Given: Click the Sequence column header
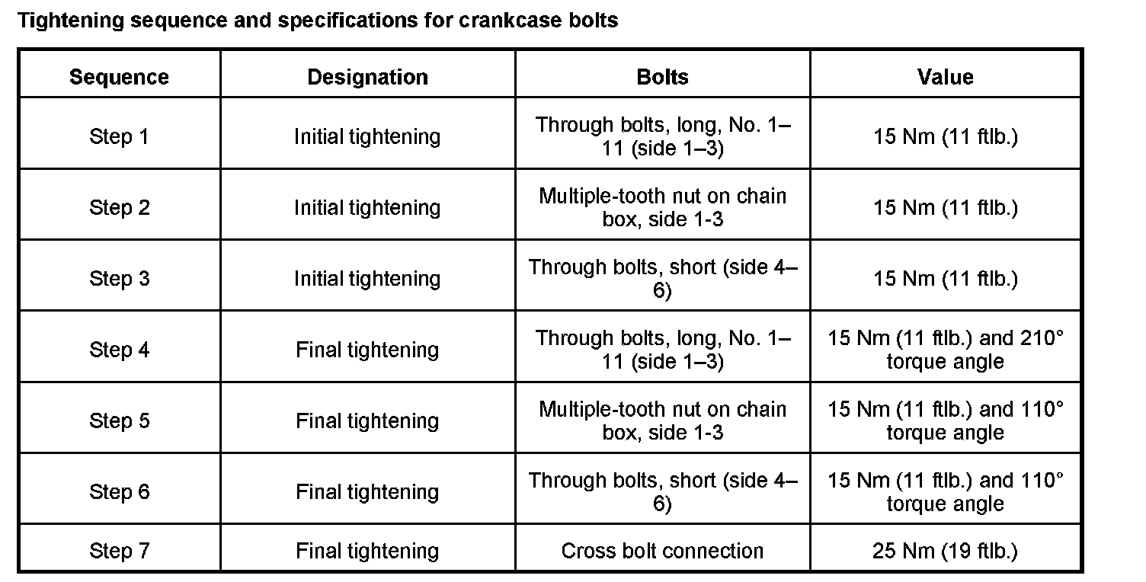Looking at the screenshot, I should [x=119, y=77].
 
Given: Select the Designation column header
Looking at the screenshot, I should [x=367, y=77].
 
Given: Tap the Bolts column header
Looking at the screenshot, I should [x=662, y=77].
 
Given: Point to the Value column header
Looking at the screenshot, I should [x=945, y=77].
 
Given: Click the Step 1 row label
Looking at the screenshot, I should [x=119, y=136].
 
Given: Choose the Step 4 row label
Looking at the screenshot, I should [x=119, y=350].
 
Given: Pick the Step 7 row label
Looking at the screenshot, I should [x=119, y=551].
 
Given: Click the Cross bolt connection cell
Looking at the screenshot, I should [x=662, y=551].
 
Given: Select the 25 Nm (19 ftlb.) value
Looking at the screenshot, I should [x=945, y=551].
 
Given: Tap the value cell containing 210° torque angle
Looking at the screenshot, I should [x=945, y=350].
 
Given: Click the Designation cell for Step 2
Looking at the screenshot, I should [x=367, y=207].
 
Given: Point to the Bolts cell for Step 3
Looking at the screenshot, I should [x=662, y=279].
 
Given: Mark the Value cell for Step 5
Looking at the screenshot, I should [x=945, y=421].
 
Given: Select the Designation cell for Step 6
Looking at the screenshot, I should [x=367, y=491].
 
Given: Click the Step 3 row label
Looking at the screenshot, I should [x=119, y=279].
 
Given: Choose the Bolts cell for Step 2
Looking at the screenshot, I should [x=662, y=207].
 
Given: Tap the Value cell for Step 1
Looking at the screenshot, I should [x=945, y=136].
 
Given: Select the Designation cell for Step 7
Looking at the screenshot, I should [x=367, y=551].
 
